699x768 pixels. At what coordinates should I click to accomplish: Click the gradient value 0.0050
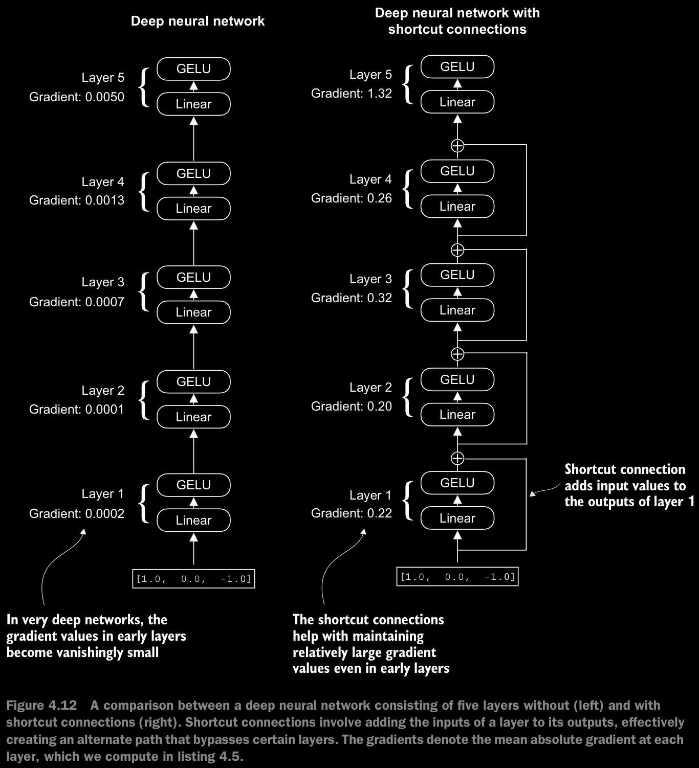pos(104,97)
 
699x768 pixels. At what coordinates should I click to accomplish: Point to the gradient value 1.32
pos(379,94)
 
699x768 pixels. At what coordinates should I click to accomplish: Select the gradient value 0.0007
pos(104,302)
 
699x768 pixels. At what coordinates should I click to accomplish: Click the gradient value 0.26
pos(379,198)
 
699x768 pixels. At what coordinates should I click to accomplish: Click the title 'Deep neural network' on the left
pos(198,21)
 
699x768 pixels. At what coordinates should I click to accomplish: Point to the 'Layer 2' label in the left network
pos(103,391)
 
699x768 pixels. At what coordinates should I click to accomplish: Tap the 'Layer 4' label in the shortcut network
pos(370,179)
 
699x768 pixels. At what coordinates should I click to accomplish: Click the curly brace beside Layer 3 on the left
pos(144,292)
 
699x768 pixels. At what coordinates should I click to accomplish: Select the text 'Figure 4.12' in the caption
pos(42,705)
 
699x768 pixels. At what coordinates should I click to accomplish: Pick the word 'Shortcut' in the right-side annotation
pos(591,469)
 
